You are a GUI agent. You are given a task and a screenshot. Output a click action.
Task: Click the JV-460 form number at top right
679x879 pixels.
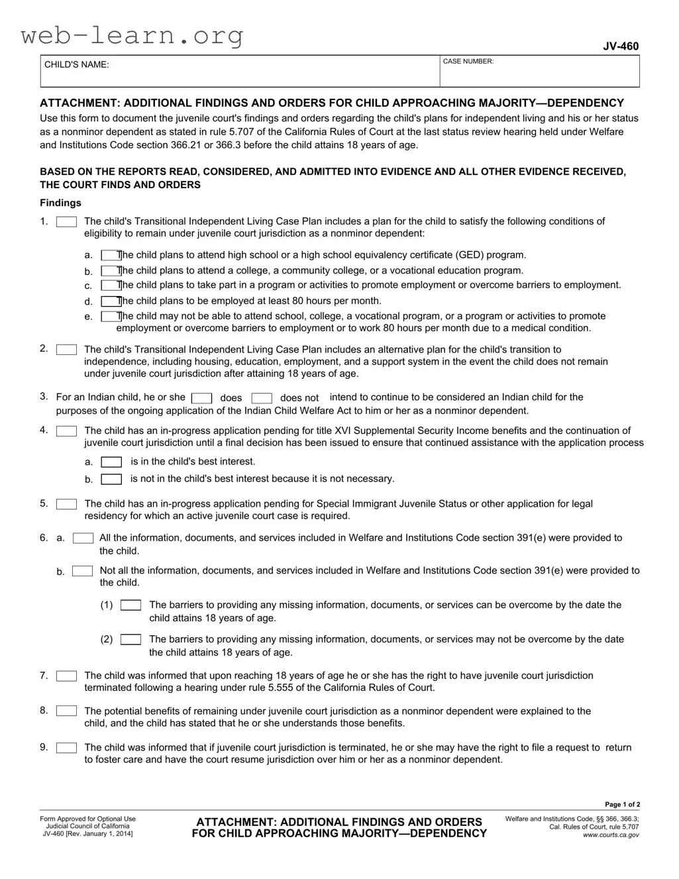620,46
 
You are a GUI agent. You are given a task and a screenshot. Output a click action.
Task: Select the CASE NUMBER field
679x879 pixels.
540,73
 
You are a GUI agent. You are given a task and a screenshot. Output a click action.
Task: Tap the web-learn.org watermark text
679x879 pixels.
132,34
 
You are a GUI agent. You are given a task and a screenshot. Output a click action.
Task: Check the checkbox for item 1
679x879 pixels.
66,222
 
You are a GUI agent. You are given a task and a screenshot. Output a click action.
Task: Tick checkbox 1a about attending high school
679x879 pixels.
110,255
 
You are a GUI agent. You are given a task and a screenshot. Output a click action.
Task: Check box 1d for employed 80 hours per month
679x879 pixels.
110,301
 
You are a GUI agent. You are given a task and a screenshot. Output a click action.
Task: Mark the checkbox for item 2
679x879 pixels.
66,350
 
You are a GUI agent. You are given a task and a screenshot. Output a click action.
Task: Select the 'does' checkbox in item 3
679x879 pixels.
201,398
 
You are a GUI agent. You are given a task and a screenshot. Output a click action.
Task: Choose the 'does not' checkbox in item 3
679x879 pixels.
262,398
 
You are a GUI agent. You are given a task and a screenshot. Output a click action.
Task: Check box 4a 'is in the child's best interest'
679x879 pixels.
111,462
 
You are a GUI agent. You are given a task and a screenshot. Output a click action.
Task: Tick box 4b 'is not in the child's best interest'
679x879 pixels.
111,479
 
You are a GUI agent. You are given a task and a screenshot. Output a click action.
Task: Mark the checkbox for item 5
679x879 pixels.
66,504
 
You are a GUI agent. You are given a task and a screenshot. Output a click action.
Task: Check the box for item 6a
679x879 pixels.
83,539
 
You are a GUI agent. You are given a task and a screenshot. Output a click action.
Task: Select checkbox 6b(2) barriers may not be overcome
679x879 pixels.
131,640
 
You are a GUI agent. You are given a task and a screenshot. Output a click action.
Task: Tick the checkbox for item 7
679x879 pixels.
66,676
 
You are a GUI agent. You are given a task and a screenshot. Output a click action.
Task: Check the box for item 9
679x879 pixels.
66,748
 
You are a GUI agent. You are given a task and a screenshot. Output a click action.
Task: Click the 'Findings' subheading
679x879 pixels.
60,203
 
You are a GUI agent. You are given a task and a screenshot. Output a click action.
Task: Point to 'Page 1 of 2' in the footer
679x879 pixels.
623,805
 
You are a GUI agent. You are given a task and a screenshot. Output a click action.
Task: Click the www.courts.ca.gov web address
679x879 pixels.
611,835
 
